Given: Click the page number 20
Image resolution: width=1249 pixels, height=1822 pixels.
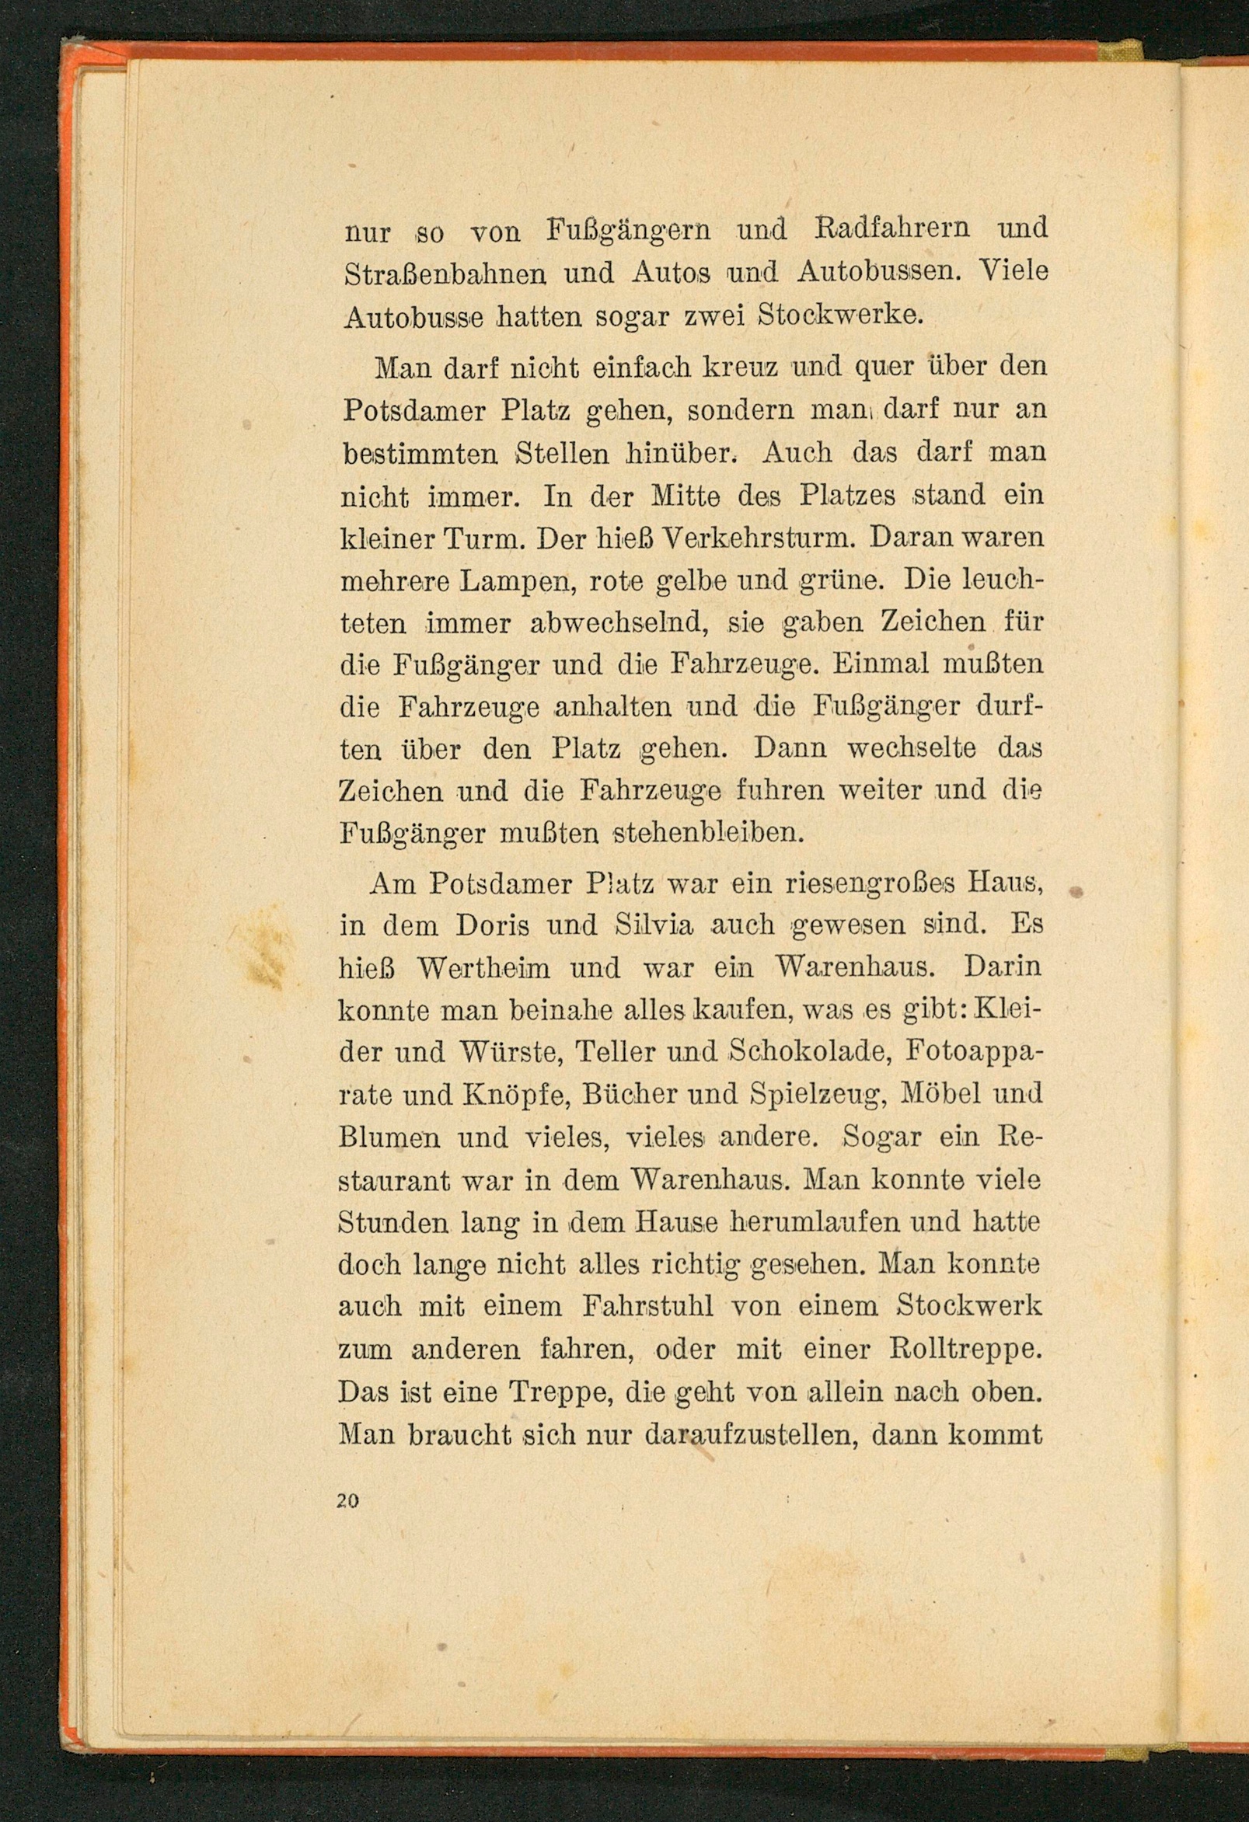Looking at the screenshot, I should click(347, 1500).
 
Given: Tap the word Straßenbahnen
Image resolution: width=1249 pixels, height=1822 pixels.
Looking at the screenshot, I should click(445, 273).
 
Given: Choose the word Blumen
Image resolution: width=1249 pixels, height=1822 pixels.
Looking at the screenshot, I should click(389, 1137).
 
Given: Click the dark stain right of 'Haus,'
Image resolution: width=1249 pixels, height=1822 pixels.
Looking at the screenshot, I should click(1076, 891).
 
